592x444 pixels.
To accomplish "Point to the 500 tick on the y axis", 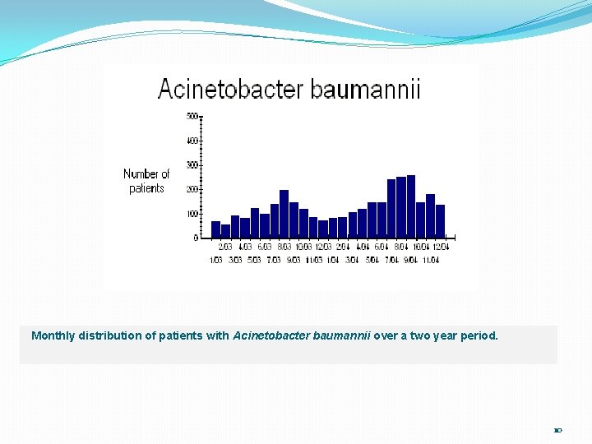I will click(192, 116).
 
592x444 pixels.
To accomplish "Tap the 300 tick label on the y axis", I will click(192, 165).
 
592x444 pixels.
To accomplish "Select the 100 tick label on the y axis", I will click(192, 214).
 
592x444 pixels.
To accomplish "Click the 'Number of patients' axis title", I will click(146, 181).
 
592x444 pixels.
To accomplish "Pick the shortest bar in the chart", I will click(225, 231).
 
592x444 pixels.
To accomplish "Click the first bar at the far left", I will click(215, 229).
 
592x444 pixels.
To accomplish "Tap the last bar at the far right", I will click(440, 221).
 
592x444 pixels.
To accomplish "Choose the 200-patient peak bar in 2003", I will click(284, 214).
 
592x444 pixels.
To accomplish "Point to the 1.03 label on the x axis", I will click(215, 260).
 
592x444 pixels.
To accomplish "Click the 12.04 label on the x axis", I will click(442, 247).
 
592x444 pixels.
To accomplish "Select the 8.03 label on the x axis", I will click(284, 247).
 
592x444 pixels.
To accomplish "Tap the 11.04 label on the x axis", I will click(431, 260).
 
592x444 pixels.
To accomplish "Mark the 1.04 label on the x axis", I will click(332, 260).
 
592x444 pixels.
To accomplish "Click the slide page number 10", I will click(557, 430).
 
